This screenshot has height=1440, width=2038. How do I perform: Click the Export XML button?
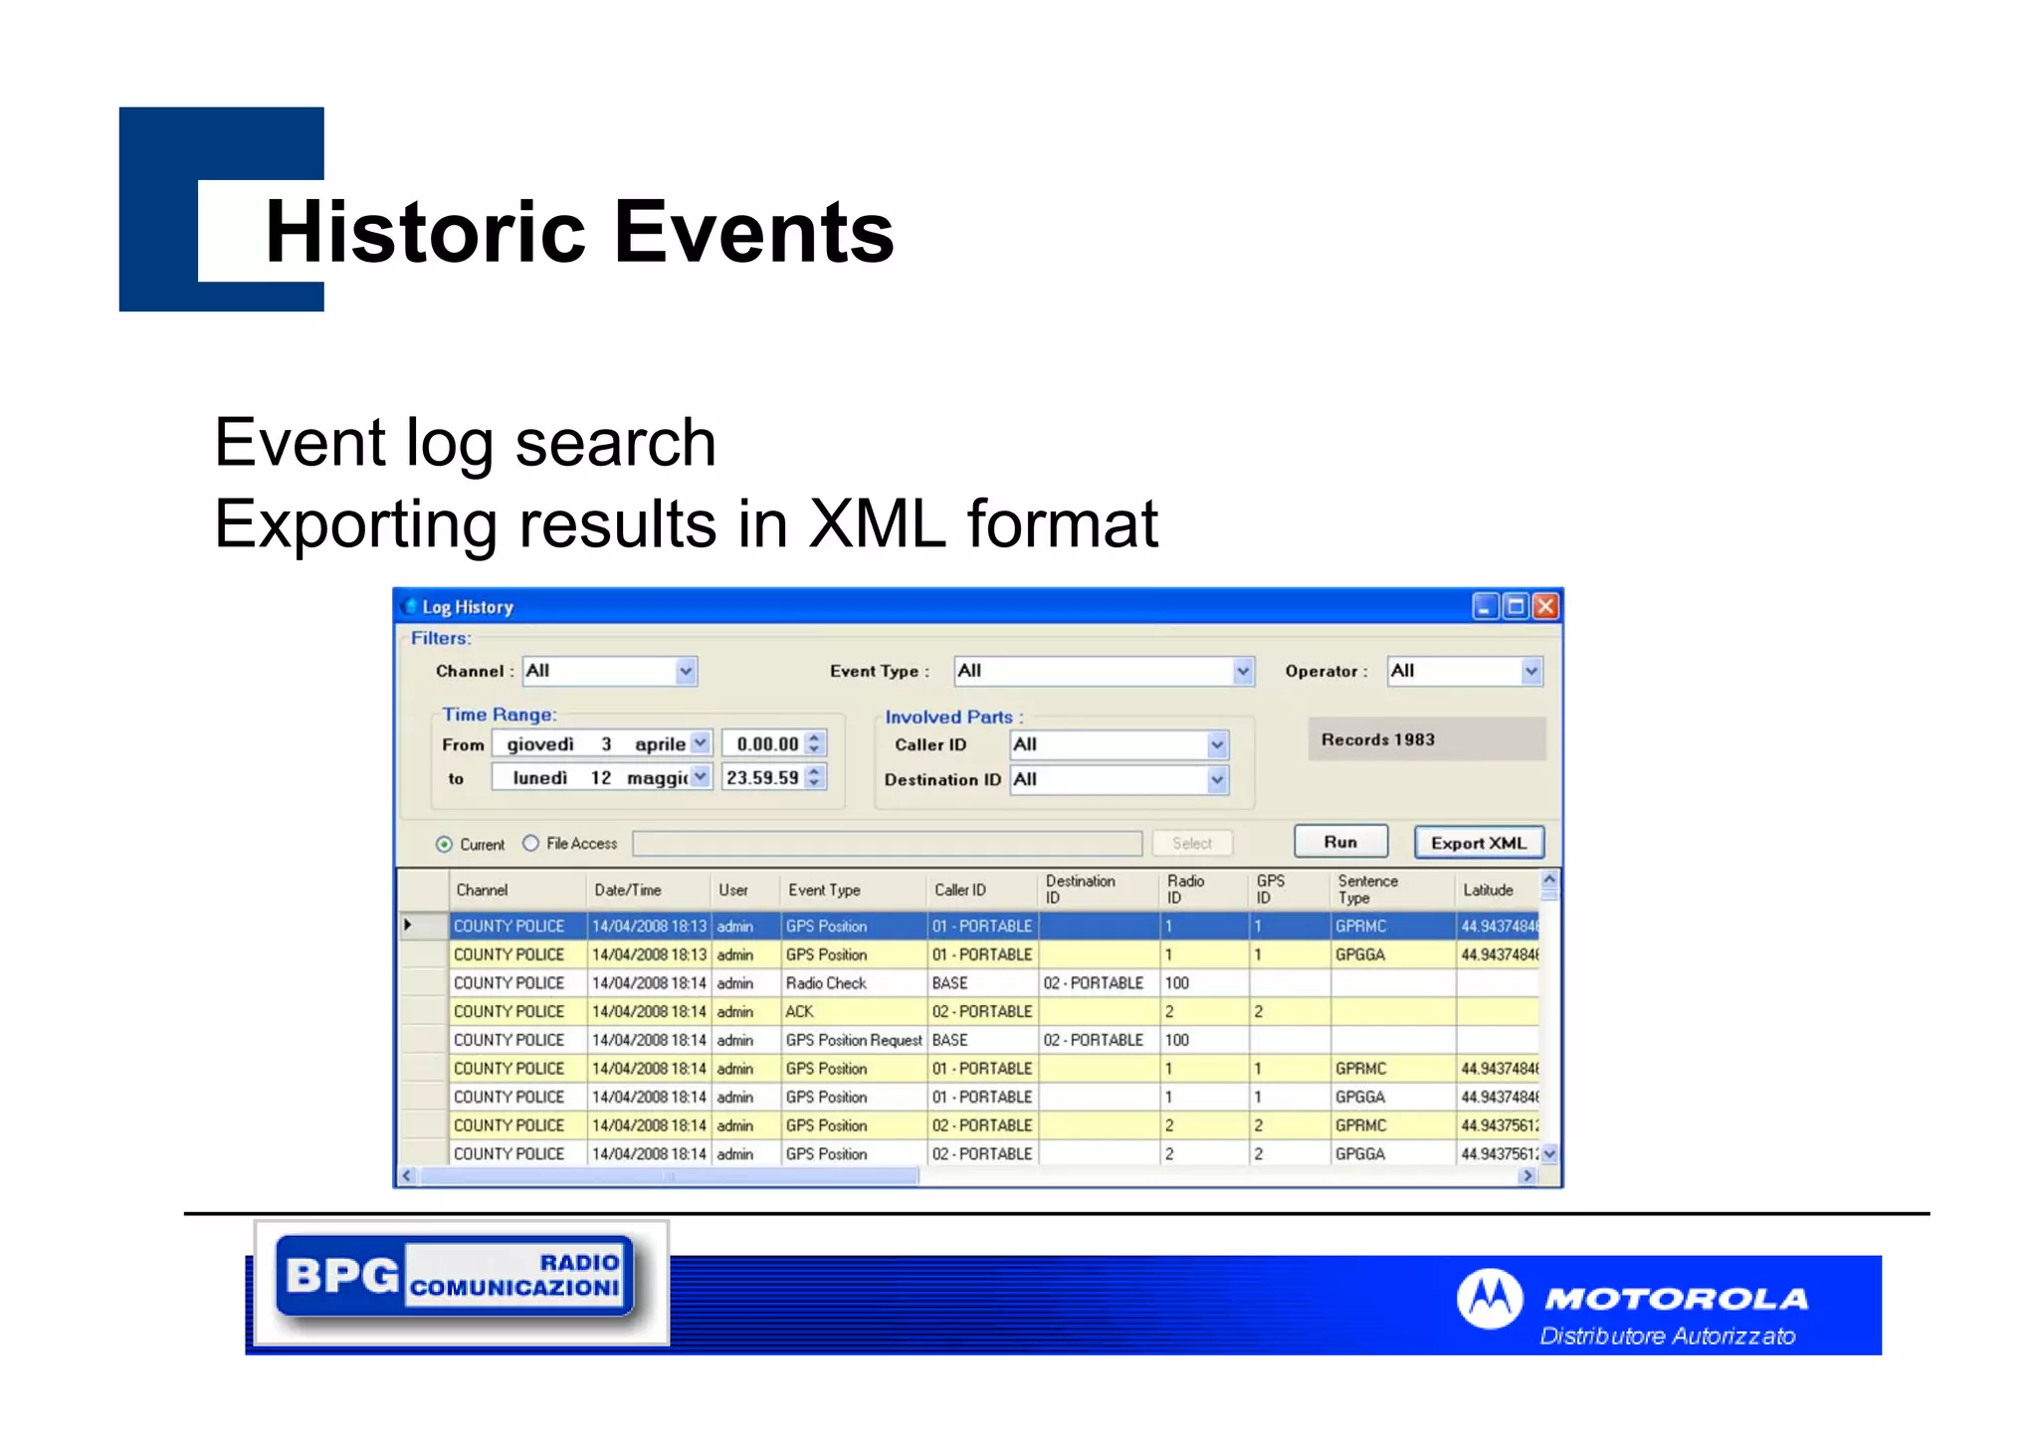click(x=1479, y=843)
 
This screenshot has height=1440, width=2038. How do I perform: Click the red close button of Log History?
click(x=1545, y=606)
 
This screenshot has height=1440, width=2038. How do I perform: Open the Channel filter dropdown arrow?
click(x=686, y=672)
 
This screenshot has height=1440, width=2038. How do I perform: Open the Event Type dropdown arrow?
click(x=1242, y=672)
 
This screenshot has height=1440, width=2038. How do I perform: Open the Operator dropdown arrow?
click(x=1530, y=672)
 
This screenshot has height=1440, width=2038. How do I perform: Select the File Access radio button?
click(x=531, y=844)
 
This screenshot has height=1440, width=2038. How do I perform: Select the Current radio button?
click(x=444, y=845)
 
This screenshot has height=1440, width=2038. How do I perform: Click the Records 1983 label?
click(x=1377, y=739)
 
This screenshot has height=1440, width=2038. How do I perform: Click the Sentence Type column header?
click(x=1367, y=890)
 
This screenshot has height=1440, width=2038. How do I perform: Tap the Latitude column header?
click(x=1488, y=890)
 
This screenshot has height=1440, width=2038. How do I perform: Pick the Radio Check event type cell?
click(x=826, y=983)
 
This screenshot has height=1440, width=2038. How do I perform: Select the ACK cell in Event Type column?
click(x=800, y=1011)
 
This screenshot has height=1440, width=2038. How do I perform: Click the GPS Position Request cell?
click(x=854, y=1040)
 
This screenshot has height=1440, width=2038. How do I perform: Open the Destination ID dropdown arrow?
click(x=1217, y=780)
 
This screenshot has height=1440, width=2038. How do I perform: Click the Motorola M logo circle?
click(x=1490, y=1299)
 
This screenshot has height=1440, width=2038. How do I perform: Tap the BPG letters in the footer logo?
click(x=341, y=1275)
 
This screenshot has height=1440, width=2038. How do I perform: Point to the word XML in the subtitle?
click(x=877, y=523)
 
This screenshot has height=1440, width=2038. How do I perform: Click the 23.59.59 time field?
click(x=762, y=777)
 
